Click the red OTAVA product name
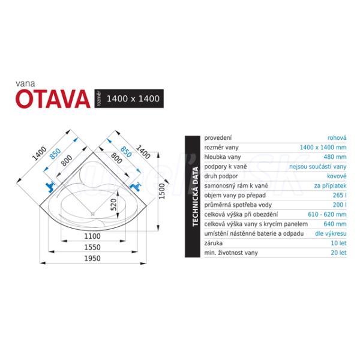tap(53, 99)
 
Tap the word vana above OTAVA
tap(25, 83)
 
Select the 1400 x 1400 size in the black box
tap(133, 99)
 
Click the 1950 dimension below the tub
tap(92, 258)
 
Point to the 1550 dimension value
tap(92, 247)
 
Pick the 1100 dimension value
tap(92, 236)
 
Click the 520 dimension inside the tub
tap(113, 205)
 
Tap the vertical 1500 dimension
tap(162, 191)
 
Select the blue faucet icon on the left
tap(50, 187)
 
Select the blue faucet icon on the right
tap(136, 186)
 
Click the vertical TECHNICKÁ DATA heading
tap(195, 196)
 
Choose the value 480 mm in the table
tap(335, 157)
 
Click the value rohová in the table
tap(337, 138)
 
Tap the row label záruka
tap(213, 243)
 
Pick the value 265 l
tap(340, 195)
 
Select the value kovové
tap(337, 176)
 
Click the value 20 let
tap(338, 253)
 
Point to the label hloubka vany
tap(223, 157)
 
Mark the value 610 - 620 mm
tap(327, 214)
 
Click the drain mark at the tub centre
tap(92, 214)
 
